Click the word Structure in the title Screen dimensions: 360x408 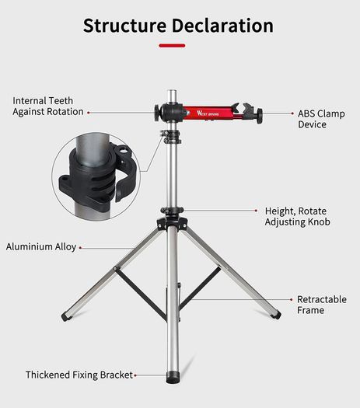click(124, 26)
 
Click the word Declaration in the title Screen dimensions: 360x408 click(222, 26)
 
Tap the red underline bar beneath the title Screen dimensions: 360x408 click(172, 46)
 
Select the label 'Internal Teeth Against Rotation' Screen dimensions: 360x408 click(48, 106)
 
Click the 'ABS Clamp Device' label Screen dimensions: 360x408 click(321, 119)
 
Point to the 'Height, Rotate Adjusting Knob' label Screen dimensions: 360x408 click(298, 217)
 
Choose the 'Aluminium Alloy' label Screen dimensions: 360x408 click(41, 246)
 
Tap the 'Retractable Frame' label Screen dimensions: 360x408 click(322, 305)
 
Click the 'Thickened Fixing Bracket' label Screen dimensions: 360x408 click(79, 375)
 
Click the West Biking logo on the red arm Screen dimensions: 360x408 click(208, 113)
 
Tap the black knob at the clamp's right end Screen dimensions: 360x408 click(260, 116)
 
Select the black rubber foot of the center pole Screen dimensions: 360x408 click(173, 377)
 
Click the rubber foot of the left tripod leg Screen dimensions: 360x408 click(65, 316)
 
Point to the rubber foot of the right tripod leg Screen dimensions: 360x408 click(276, 315)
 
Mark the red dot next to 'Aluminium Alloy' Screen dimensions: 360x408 click(80, 248)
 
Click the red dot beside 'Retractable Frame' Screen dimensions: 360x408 click(292, 300)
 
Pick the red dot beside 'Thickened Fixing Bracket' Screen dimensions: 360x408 click(135, 375)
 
